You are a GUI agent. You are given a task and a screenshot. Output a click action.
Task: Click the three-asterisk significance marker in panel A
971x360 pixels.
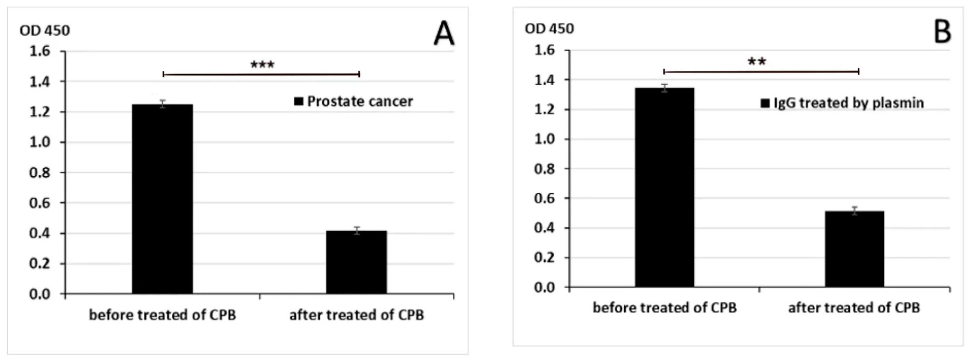point(262,65)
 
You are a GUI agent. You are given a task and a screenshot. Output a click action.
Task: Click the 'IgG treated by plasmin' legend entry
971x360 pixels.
point(842,103)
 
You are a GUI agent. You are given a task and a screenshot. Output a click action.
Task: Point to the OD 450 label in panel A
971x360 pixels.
point(44,31)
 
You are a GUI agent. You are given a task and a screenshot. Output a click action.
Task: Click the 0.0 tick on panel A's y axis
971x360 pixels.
point(40,294)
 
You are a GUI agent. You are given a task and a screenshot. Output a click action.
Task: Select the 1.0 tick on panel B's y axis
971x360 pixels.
point(545,139)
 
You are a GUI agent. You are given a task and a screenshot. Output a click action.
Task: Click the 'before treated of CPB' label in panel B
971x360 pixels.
point(664,307)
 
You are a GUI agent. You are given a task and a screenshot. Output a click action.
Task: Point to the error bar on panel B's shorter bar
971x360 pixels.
point(855,211)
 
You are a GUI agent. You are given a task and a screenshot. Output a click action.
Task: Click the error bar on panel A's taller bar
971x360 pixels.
point(163,104)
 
